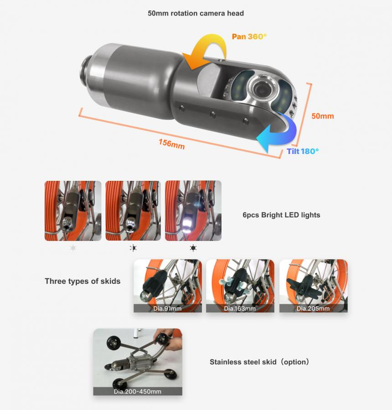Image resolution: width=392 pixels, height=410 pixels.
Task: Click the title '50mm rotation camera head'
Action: click(x=196, y=13)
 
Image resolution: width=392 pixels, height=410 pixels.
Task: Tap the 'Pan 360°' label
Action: click(x=249, y=36)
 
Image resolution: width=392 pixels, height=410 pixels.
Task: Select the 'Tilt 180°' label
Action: click(x=303, y=151)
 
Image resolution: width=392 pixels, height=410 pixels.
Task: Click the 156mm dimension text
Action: click(x=172, y=144)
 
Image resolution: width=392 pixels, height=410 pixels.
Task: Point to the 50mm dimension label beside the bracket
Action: click(x=323, y=116)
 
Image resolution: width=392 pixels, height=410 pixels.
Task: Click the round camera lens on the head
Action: click(x=261, y=89)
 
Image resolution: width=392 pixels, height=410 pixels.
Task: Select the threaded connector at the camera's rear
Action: click(x=85, y=68)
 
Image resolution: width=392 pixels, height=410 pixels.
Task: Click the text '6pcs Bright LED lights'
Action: click(x=281, y=215)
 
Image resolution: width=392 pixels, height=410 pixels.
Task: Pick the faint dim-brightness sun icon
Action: click(x=73, y=248)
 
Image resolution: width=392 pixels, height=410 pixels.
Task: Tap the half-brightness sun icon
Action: click(x=133, y=248)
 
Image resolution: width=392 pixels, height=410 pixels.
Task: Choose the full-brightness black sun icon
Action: click(x=193, y=248)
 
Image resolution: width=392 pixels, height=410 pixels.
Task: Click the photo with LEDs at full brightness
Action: click(x=193, y=210)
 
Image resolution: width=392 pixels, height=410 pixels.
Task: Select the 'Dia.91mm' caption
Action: click(x=167, y=308)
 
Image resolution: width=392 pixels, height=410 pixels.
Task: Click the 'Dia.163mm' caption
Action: click(x=240, y=308)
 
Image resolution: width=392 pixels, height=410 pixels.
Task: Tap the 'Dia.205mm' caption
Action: click(x=313, y=308)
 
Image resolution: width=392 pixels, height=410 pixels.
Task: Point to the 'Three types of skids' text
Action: click(x=83, y=281)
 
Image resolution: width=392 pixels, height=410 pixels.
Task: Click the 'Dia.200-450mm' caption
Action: click(x=137, y=391)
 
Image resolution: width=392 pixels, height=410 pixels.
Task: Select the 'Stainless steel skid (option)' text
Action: click(x=259, y=362)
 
